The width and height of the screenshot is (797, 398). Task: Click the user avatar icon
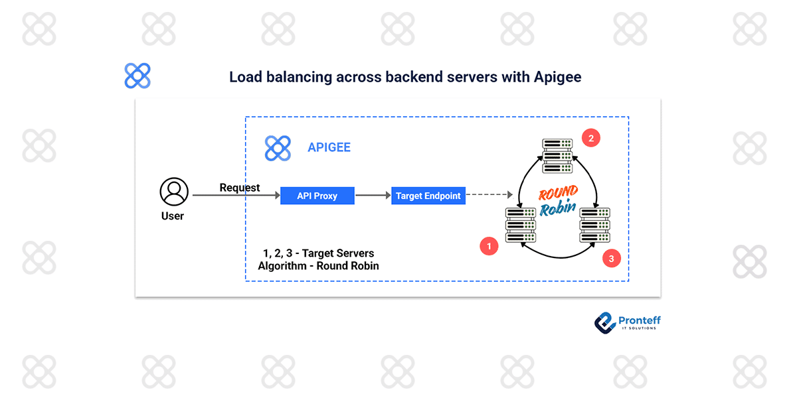pos(174,192)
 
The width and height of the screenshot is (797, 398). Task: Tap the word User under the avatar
pos(173,216)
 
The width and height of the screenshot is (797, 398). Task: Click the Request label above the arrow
pos(240,188)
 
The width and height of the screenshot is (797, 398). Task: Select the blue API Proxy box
pos(317,196)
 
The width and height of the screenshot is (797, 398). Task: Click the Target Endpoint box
pos(428,196)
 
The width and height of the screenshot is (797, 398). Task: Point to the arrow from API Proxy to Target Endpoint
pos(373,196)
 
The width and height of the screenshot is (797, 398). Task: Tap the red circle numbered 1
pos(489,246)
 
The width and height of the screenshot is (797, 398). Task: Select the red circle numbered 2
pos(590,138)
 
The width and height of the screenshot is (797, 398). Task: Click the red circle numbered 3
pos(612,258)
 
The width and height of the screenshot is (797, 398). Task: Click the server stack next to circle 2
pos(557,156)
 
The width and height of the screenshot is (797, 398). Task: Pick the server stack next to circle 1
pos(521,225)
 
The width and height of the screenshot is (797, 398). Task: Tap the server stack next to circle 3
pos(595,225)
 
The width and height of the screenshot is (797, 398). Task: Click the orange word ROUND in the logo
pos(558,194)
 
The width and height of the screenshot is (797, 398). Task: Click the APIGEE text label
pos(329,148)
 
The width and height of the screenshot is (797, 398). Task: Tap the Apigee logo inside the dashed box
pos(278,148)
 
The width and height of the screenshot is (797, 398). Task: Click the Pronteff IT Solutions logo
pos(627,322)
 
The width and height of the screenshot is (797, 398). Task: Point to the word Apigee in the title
pos(557,77)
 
